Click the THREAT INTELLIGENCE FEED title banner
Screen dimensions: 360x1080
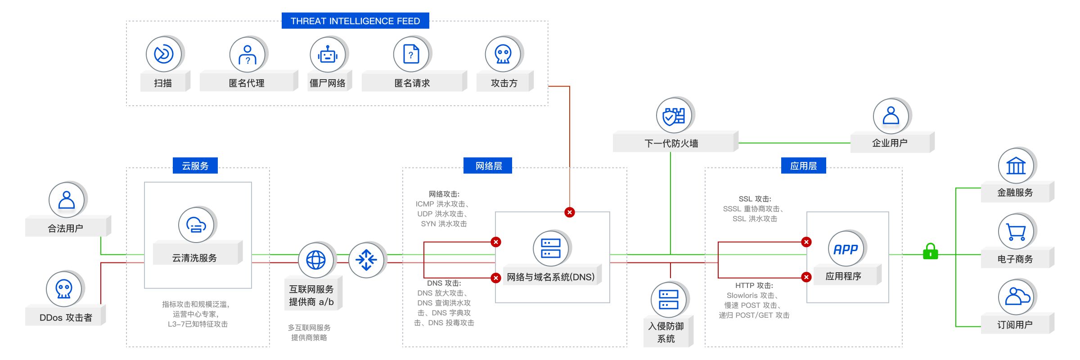tap(355, 21)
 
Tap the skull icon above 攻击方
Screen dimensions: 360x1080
tap(503, 54)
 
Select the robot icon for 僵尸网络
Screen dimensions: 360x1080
tap(328, 55)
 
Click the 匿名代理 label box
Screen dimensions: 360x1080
tap(247, 82)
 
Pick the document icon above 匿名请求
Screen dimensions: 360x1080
tap(411, 54)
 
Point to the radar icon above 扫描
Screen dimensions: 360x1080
tap(163, 54)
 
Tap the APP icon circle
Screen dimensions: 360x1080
tap(846, 249)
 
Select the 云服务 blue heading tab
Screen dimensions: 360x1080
tap(195, 166)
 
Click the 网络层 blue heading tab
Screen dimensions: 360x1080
tap(488, 166)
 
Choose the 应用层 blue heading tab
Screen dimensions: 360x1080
tap(803, 166)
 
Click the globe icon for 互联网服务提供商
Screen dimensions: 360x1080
tap(316, 260)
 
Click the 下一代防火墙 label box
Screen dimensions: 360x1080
tap(672, 143)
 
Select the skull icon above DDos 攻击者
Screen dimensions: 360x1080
tap(64, 288)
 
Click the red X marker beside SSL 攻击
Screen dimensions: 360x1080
tap(806, 242)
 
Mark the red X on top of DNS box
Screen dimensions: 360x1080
tap(570, 212)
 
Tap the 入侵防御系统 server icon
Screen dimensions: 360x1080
tap(668, 300)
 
